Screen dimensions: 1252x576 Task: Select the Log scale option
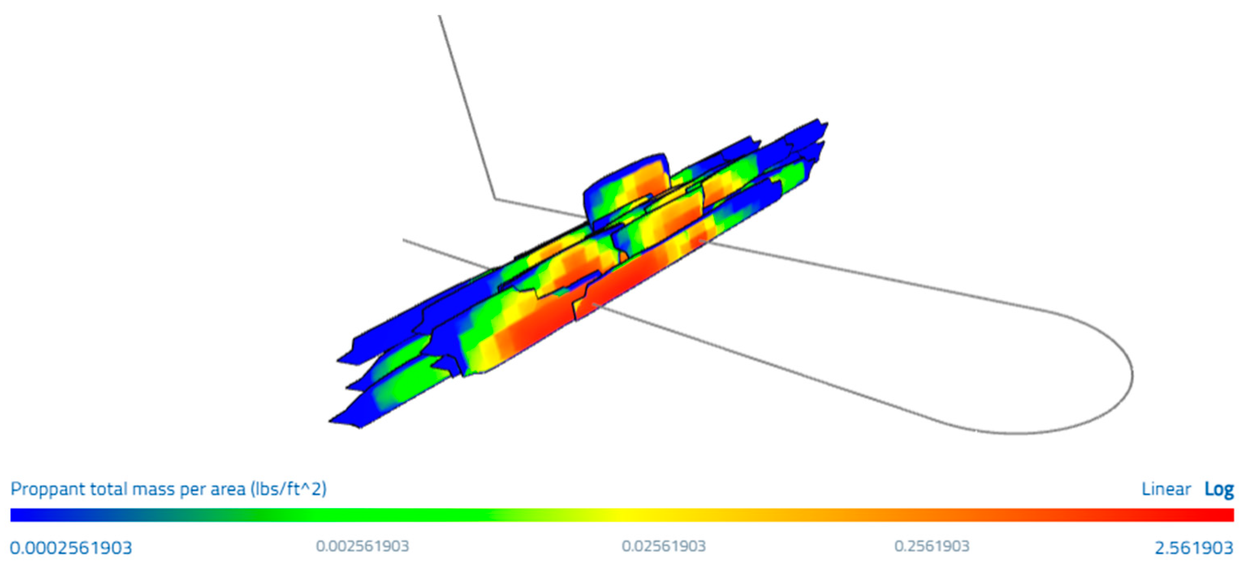[1219, 489]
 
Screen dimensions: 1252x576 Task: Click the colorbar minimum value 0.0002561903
[71, 548]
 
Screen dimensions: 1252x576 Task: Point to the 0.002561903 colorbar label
[363, 546]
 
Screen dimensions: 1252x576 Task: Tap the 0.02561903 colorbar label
[664, 546]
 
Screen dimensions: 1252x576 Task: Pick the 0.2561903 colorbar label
[932, 546]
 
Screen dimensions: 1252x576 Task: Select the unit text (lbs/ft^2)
[289, 489]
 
